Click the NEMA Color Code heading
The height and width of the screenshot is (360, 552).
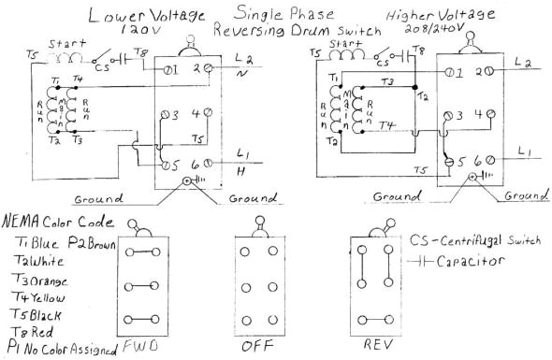[x=58, y=223]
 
